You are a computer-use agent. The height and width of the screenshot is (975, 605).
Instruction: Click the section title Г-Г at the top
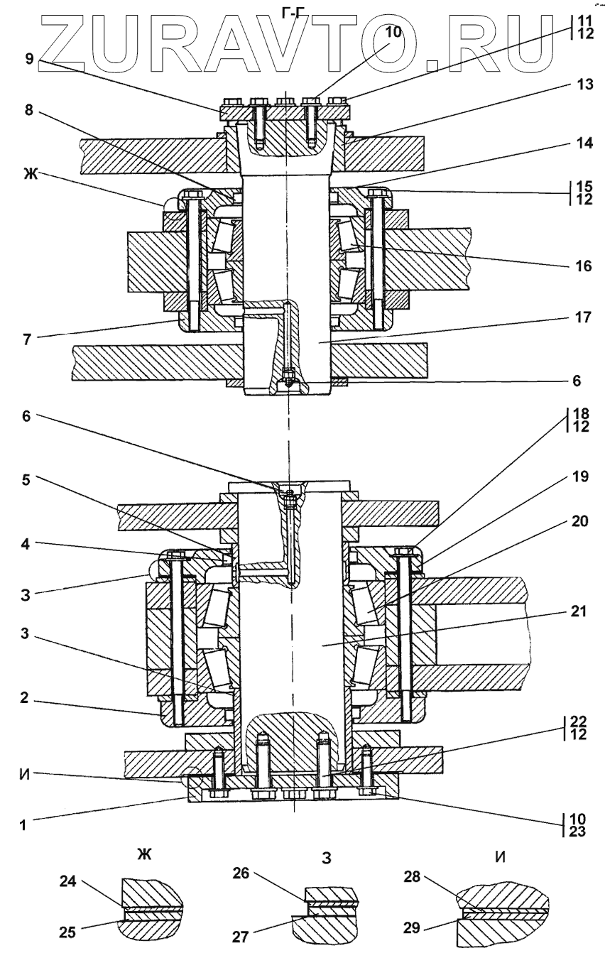tap(290, 9)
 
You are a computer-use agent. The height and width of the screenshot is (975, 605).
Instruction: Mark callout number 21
tap(564, 611)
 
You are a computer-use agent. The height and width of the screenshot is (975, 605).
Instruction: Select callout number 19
tap(564, 477)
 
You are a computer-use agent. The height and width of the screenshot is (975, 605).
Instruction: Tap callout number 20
tap(564, 520)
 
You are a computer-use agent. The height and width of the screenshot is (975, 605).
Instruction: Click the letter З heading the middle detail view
tap(327, 857)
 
